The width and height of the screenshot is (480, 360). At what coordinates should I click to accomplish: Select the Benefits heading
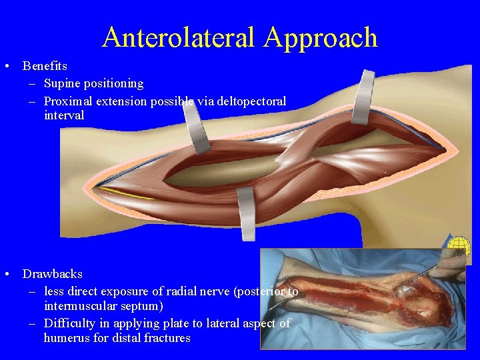pyautogui.click(x=45, y=66)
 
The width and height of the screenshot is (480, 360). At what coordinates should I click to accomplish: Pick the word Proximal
pyautogui.click(x=67, y=101)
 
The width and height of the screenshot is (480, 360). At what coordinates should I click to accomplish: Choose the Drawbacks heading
pyautogui.click(x=53, y=274)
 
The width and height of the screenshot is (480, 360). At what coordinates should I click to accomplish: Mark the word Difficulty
pyautogui.click(x=69, y=323)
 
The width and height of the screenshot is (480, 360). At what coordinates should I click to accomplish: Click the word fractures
pyautogui.click(x=168, y=338)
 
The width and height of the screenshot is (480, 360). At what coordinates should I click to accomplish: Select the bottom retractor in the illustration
pyautogui.click(x=246, y=213)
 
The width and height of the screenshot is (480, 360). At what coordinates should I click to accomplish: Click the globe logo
pyautogui.click(x=459, y=247)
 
